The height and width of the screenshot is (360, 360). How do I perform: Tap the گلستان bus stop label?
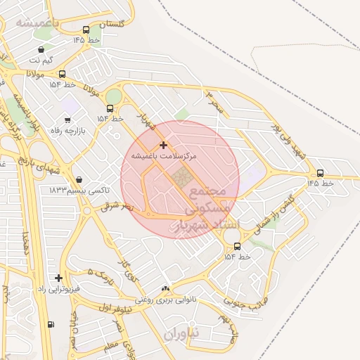pyautogui.click(x=112, y=24)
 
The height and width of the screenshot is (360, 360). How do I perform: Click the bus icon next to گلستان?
pyautogui.click(x=86, y=30)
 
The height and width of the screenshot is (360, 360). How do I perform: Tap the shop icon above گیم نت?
pyautogui.click(x=41, y=49)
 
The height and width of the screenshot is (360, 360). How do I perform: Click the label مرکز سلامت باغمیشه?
pyautogui.click(x=163, y=154)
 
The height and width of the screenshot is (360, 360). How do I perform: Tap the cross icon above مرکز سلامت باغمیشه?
pyautogui.click(x=163, y=144)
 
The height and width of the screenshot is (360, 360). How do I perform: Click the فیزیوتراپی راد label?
pyautogui.click(x=60, y=288)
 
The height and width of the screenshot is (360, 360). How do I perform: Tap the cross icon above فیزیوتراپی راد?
pyautogui.click(x=58, y=278)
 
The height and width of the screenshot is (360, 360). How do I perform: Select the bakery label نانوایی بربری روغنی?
pyautogui.click(x=167, y=300)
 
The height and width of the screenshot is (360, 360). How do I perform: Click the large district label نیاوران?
pyautogui.click(x=182, y=333)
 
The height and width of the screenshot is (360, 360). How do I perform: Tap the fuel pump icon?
pyautogui.click(x=50, y=324)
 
